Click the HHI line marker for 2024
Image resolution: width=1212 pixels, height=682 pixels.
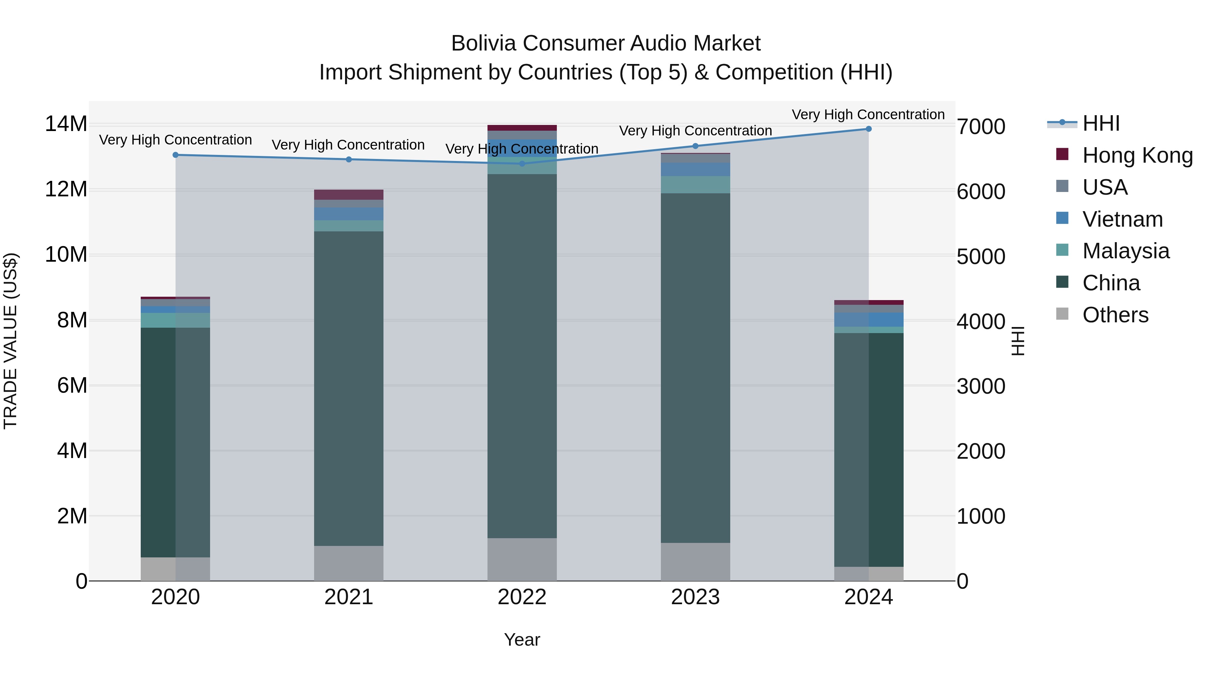click(869, 129)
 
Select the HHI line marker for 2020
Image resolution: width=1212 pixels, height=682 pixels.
click(175, 155)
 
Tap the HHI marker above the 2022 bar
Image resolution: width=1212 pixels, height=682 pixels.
click(522, 164)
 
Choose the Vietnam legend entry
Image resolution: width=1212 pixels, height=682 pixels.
click(1122, 219)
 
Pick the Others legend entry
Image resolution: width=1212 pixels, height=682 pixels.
click(1115, 315)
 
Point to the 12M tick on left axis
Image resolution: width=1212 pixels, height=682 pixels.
click(66, 189)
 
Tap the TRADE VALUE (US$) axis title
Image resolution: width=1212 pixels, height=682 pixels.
click(10, 341)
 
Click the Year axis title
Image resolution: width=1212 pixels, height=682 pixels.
click(522, 640)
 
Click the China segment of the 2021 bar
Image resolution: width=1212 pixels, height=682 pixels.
click(349, 388)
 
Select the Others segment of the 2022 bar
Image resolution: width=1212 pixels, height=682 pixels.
click(522, 559)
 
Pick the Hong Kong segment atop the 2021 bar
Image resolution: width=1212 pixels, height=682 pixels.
click(349, 194)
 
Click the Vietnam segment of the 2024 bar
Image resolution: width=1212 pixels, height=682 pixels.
click(869, 320)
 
